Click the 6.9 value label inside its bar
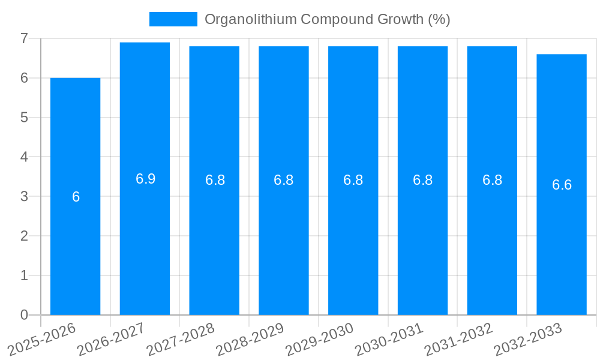click(x=145, y=179)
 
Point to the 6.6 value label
click(x=562, y=185)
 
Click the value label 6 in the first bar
click(x=76, y=197)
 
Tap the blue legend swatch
click(x=173, y=19)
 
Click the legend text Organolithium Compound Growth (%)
click(x=327, y=19)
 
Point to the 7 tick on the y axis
click(x=24, y=38)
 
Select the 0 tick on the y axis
click(x=24, y=315)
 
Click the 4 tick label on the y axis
click(x=24, y=157)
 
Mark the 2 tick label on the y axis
click(x=24, y=236)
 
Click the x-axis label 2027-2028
click(x=181, y=340)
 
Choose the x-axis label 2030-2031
click(x=389, y=340)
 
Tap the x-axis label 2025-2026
click(x=41, y=340)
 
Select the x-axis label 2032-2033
click(x=528, y=340)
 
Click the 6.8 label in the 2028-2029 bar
click(x=283, y=180)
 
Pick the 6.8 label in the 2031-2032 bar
click(x=492, y=180)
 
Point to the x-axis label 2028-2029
click(x=250, y=340)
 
